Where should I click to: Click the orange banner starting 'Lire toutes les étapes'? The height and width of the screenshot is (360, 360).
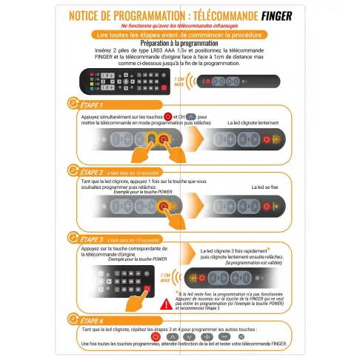click(x=179, y=35)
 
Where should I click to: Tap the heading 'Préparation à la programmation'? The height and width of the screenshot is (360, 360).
click(x=179, y=44)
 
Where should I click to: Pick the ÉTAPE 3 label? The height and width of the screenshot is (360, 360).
click(x=91, y=239)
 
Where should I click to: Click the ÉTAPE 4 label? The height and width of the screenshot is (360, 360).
click(x=91, y=320)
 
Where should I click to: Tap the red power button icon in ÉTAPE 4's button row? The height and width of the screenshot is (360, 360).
click(x=156, y=336)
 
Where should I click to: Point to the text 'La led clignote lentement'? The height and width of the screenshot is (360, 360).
click(x=256, y=122)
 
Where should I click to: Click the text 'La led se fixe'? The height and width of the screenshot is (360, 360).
click(x=264, y=187)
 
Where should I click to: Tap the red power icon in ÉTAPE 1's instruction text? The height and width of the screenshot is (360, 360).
click(x=168, y=116)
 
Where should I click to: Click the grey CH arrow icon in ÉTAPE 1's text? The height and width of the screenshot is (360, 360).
click(x=191, y=116)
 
